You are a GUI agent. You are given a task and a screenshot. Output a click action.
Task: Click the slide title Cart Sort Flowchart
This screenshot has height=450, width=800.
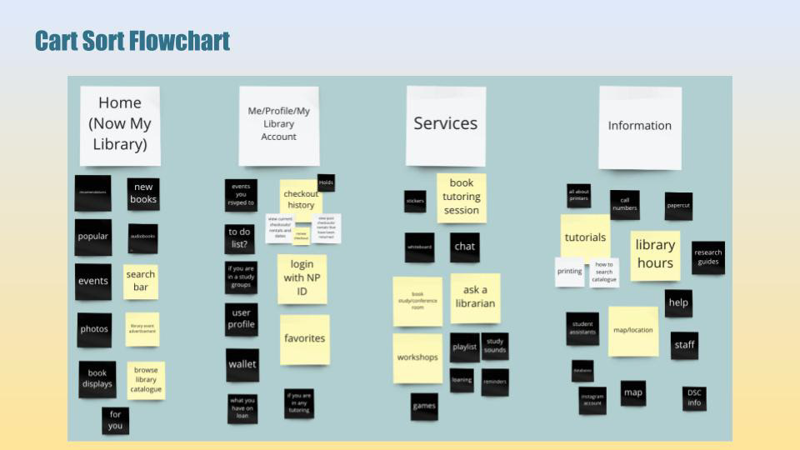pyautogui.click(x=132, y=40)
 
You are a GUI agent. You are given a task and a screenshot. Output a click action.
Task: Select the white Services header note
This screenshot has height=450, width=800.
pyautogui.click(x=446, y=125)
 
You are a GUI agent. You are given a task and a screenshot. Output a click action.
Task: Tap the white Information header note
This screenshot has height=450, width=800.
pyautogui.click(x=639, y=127)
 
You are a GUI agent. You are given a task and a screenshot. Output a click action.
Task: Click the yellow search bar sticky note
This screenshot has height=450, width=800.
pyautogui.click(x=141, y=281)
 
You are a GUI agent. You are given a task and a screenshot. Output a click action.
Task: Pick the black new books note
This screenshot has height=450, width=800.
pyautogui.click(x=143, y=193)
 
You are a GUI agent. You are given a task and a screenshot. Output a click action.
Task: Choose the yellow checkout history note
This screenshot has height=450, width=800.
pyautogui.click(x=301, y=199)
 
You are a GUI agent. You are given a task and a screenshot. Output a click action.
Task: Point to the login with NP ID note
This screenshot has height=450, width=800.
pyautogui.click(x=302, y=278)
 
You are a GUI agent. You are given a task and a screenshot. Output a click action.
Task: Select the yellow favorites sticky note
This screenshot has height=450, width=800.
pyautogui.click(x=304, y=338)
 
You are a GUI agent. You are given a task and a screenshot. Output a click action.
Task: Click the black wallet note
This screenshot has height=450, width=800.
pyautogui.click(x=242, y=364)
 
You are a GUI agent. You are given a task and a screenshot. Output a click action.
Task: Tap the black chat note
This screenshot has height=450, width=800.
pyautogui.click(x=465, y=247)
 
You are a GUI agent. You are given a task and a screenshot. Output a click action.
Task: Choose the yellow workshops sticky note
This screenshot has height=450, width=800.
pyautogui.click(x=417, y=357)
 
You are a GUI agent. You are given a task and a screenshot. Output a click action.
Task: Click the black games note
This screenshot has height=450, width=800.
pyautogui.click(x=424, y=406)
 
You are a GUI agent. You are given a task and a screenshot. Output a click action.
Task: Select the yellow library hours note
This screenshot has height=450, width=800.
pyautogui.click(x=655, y=254)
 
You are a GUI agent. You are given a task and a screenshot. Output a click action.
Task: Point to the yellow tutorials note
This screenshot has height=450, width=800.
pyautogui.click(x=585, y=237)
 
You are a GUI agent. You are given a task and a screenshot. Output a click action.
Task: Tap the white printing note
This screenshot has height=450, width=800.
pyautogui.click(x=570, y=272)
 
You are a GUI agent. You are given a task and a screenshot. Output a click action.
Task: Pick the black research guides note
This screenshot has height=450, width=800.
pyautogui.click(x=707, y=257)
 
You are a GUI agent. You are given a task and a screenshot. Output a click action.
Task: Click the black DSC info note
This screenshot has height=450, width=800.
pyautogui.click(x=694, y=398)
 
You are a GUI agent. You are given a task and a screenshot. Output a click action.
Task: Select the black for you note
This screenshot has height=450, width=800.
pyautogui.click(x=115, y=420)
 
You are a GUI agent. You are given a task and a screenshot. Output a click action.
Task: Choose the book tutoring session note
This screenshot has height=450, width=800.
pyautogui.click(x=462, y=197)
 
